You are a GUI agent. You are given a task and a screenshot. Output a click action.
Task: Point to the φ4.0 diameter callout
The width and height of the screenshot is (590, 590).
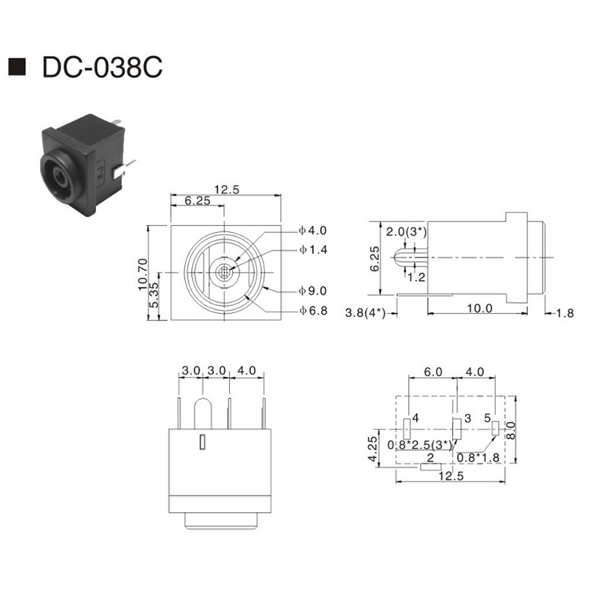point(312,231)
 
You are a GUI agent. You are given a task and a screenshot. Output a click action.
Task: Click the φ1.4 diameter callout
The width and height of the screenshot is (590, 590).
point(312,250)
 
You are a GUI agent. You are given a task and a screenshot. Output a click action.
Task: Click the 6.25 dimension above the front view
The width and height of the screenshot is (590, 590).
point(197,202)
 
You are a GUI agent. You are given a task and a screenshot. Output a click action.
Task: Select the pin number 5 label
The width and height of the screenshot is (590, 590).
point(487,417)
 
